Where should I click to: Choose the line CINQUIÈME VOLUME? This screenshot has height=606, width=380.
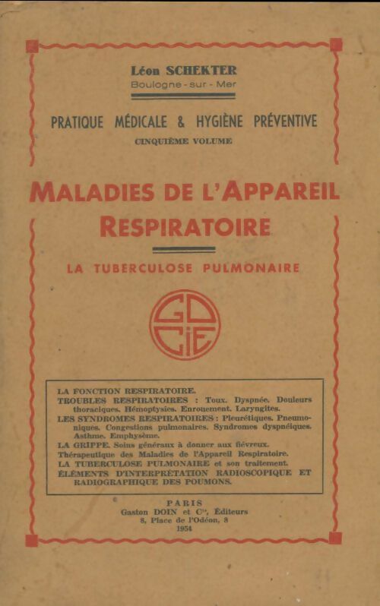pos(184,140)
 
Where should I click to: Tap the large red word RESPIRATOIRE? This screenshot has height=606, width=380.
pos(184,226)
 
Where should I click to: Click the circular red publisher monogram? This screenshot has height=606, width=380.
pos(184,324)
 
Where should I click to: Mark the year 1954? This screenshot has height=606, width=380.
pos(184,530)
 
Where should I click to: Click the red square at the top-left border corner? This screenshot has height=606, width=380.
pos(31,46)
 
